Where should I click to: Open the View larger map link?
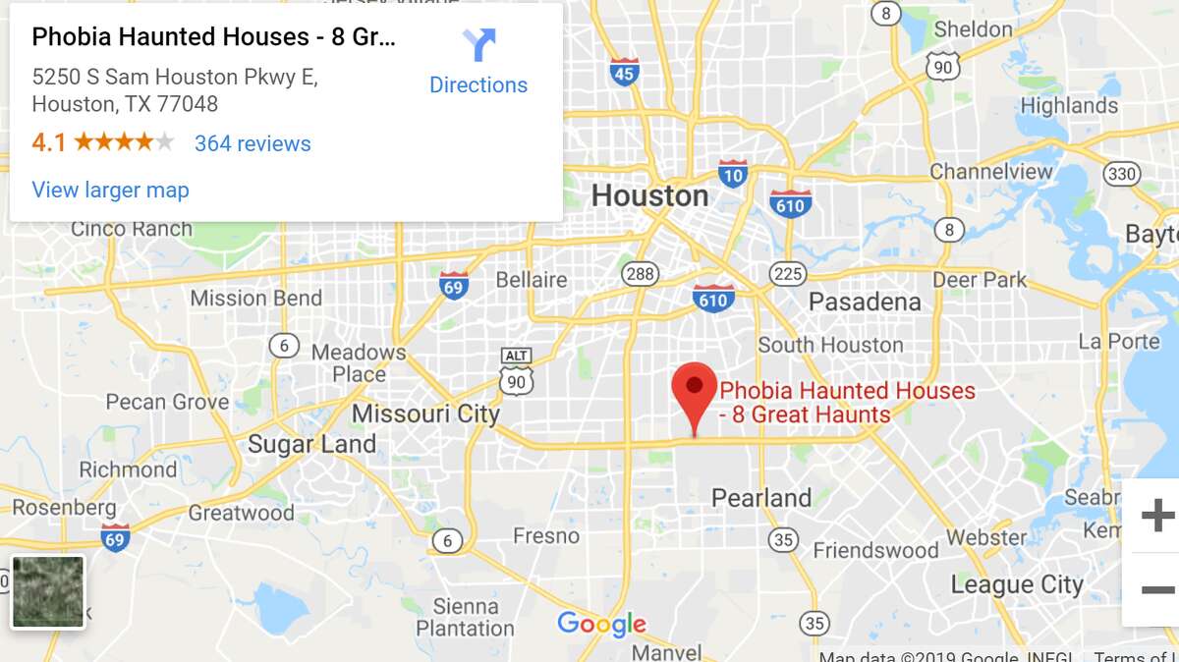110,190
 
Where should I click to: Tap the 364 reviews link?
253,143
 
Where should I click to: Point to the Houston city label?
649,195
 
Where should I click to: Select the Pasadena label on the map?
865,302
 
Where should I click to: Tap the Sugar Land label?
311,444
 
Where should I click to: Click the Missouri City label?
425,414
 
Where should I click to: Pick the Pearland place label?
761,498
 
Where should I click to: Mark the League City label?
1017,585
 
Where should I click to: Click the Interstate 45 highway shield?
624,71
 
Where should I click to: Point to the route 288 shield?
641,273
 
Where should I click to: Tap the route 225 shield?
788,273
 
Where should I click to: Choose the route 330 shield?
1121,174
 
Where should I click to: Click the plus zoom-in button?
1156,515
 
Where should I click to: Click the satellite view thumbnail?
48,591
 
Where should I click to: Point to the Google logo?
601,623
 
